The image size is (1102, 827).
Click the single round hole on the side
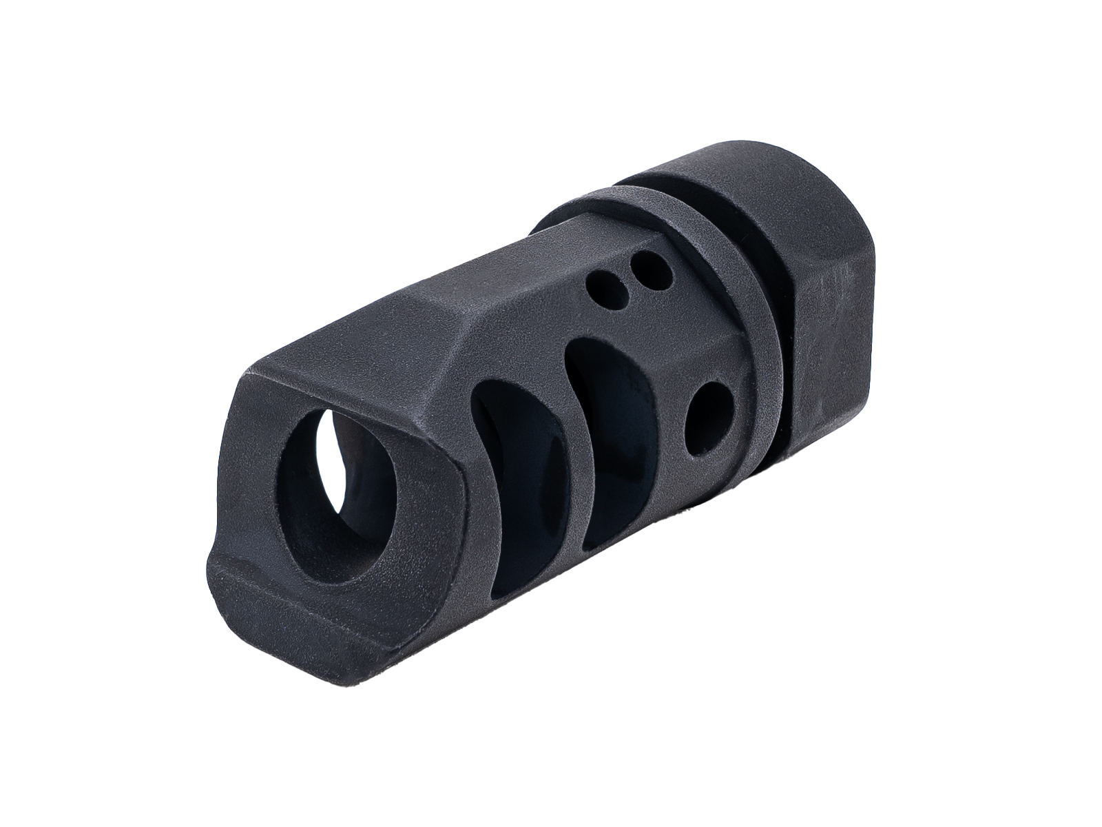pos(705,420)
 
